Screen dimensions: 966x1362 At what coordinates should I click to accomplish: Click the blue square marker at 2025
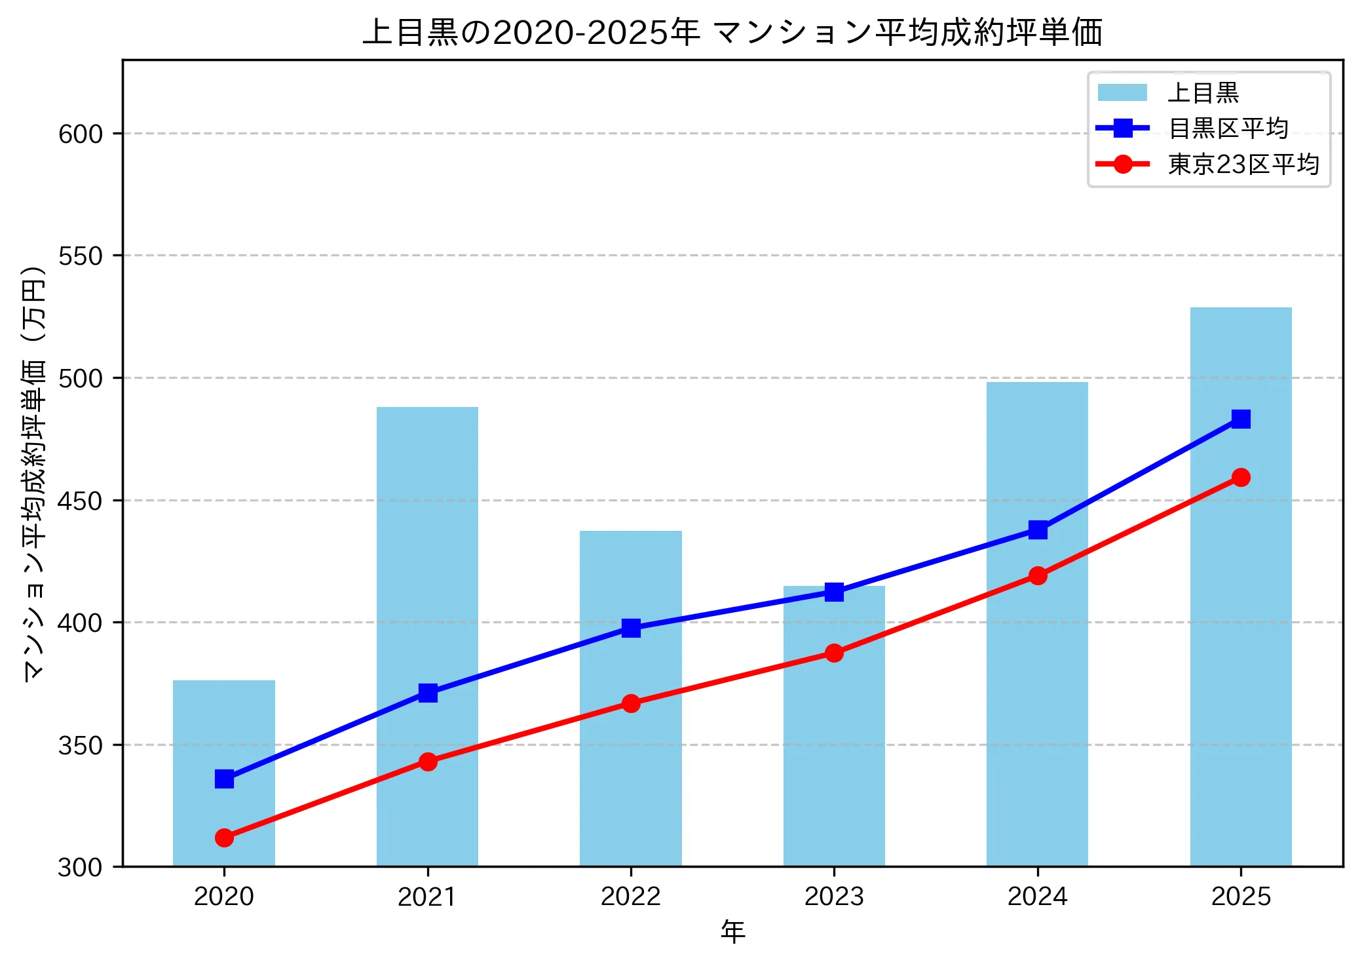[1240, 419]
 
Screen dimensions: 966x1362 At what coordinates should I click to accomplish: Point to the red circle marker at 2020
[224, 838]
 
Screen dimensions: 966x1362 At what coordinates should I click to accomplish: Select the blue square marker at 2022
[631, 628]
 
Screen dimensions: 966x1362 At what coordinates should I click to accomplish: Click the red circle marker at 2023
[834, 653]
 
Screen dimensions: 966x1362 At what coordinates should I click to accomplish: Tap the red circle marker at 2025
[1240, 477]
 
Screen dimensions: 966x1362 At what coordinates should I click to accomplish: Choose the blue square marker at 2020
[224, 779]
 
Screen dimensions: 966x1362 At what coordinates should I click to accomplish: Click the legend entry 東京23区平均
[1243, 164]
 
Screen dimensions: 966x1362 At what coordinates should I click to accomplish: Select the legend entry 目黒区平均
[1228, 128]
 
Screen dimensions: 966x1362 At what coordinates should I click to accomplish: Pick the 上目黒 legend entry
[1203, 93]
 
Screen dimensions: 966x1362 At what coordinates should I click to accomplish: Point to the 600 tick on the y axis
[81, 134]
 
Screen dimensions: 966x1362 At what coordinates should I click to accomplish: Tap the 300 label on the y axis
[81, 868]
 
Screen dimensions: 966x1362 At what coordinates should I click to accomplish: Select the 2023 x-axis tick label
[834, 897]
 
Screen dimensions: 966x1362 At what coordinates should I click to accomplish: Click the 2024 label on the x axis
[1037, 897]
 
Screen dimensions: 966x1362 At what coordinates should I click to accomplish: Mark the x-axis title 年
[732, 931]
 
